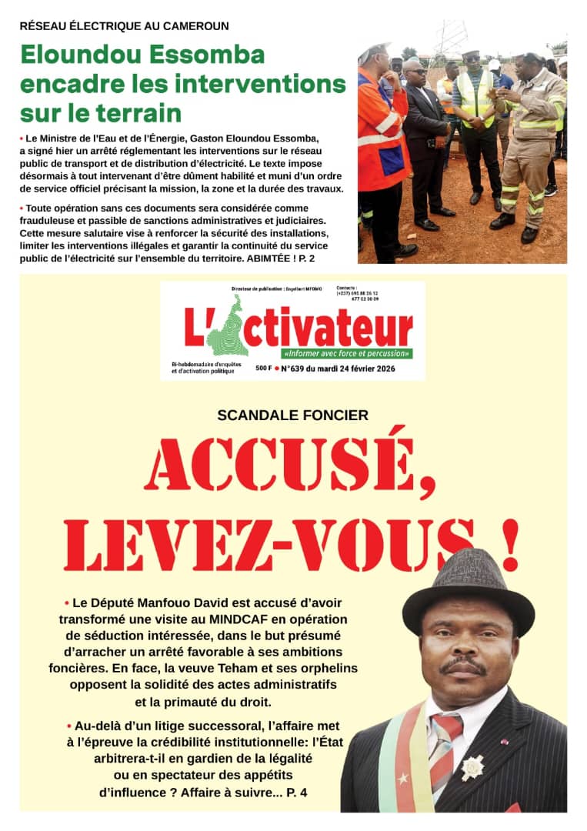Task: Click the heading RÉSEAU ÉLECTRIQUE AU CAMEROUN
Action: [124, 25]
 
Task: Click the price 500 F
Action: [263, 369]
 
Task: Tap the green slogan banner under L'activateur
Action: [346, 354]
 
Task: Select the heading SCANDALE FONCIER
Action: [292, 415]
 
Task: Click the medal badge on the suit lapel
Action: [472, 767]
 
